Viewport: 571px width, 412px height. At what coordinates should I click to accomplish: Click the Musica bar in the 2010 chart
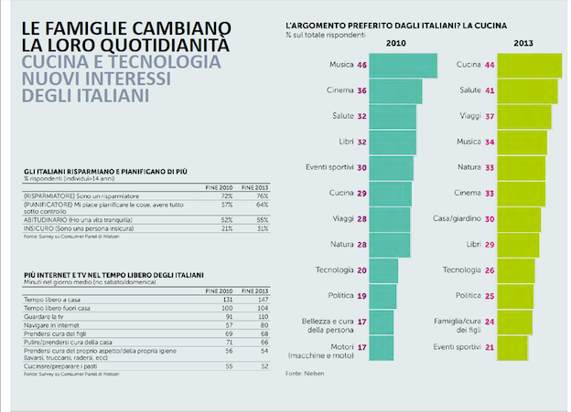(x=397, y=65)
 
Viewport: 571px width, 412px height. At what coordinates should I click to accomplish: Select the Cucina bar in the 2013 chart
(x=528, y=65)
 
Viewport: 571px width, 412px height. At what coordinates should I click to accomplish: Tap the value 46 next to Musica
(x=362, y=66)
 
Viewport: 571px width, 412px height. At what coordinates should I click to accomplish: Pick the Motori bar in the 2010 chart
(x=382, y=347)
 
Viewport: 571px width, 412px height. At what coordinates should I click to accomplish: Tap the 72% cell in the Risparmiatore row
(x=202, y=196)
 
